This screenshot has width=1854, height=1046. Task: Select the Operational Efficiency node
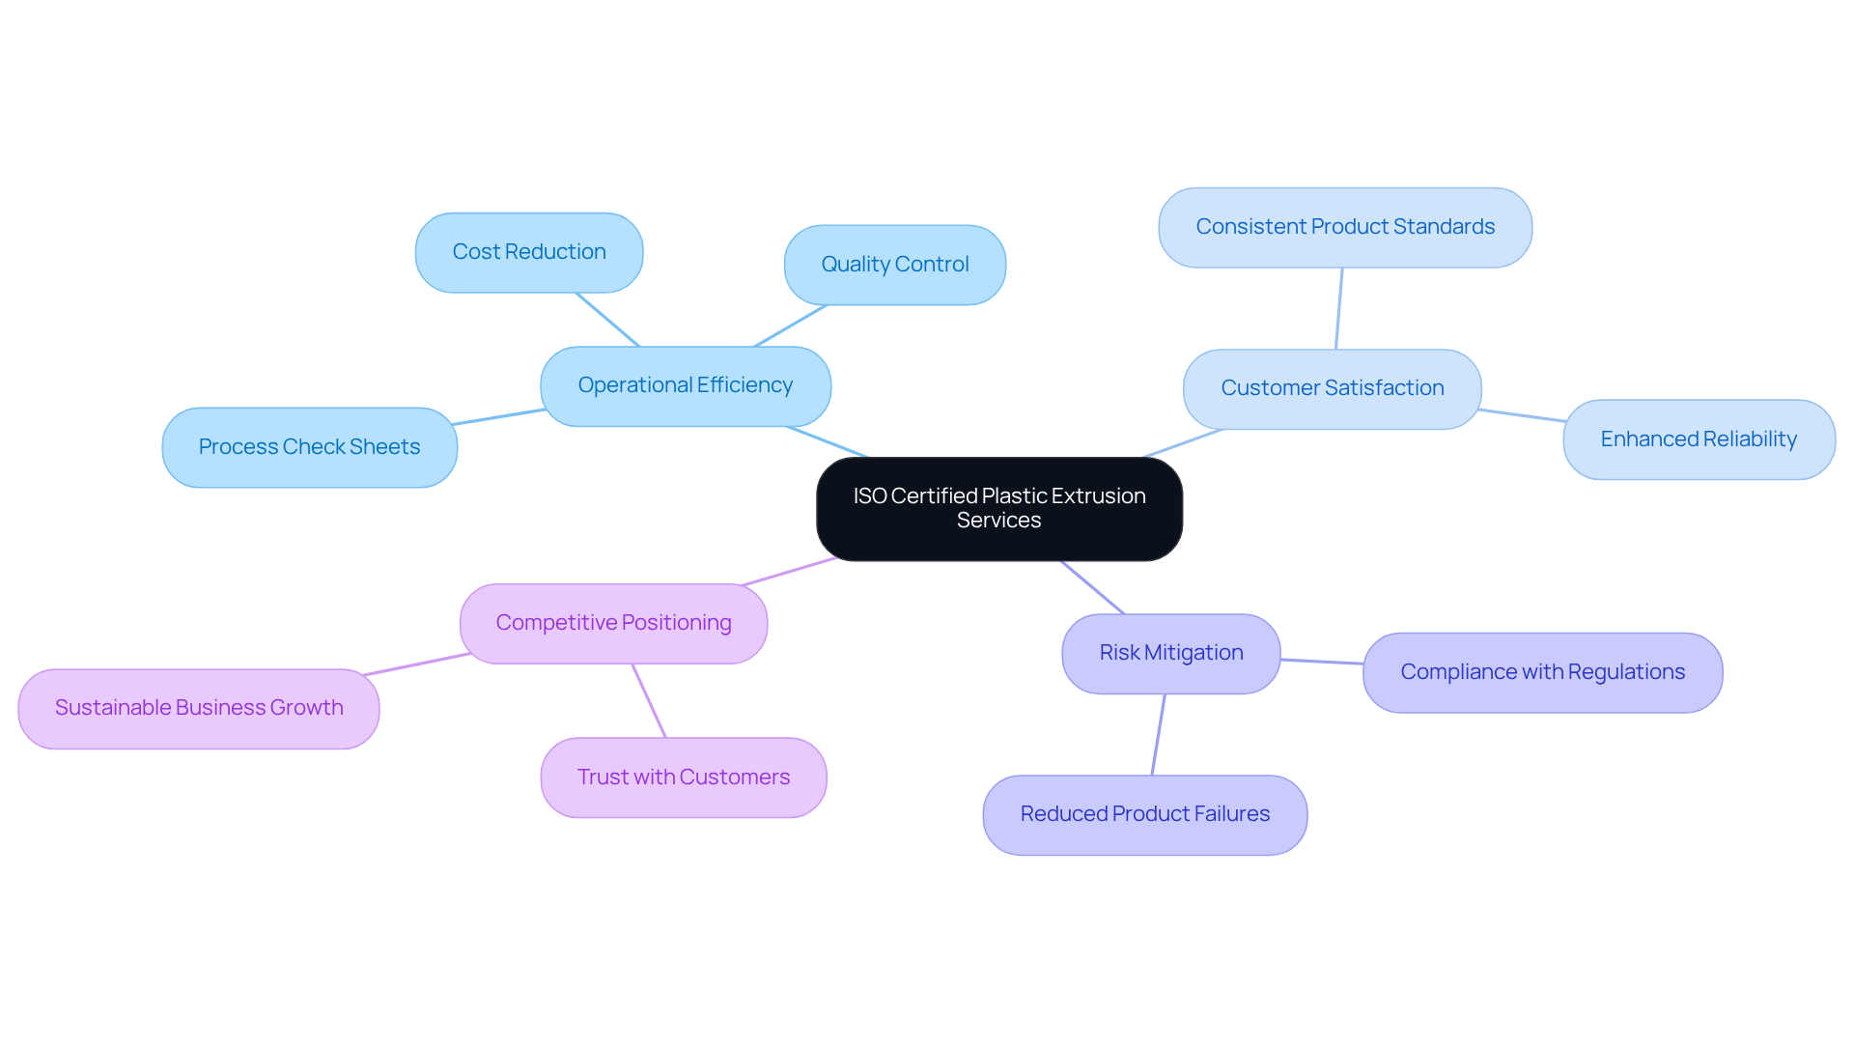tap(685, 385)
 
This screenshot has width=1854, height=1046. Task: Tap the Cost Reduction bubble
tap(529, 252)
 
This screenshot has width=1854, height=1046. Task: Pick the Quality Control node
tap(894, 265)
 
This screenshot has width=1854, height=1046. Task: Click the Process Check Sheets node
tap(309, 447)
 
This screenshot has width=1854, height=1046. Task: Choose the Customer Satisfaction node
tap(1332, 388)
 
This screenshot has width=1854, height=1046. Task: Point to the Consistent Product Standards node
tap(1344, 227)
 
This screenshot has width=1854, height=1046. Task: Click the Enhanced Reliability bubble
tap(1698, 439)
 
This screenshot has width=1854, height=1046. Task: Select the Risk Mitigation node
tap(1170, 653)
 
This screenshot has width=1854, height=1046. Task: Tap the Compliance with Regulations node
tap(1542, 672)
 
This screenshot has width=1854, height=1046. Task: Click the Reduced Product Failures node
tap(1144, 814)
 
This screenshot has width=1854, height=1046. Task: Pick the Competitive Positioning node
tap(613, 623)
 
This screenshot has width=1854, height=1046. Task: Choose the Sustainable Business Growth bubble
tap(199, 708)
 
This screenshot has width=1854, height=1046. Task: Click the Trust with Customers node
tap(683, 777)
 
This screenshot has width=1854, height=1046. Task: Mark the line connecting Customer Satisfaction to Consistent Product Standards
tap(1339, 308)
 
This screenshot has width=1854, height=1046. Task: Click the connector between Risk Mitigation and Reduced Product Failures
tap(1159, 734)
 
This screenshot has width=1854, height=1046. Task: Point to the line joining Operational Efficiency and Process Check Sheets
tap(498, 417)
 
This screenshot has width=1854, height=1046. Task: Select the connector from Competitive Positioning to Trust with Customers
tap(649, 700)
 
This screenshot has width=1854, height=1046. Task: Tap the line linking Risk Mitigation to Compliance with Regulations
tap(1322, 662)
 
